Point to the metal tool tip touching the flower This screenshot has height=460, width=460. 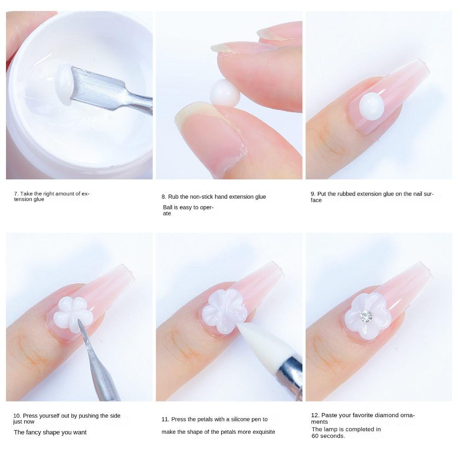[80, 325]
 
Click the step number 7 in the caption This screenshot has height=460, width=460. [15, 194]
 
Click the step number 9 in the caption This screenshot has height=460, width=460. [312, 194]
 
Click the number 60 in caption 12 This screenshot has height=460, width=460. [316, 436]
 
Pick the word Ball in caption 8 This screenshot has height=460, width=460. [168, 207]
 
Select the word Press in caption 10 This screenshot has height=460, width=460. [31, 416]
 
